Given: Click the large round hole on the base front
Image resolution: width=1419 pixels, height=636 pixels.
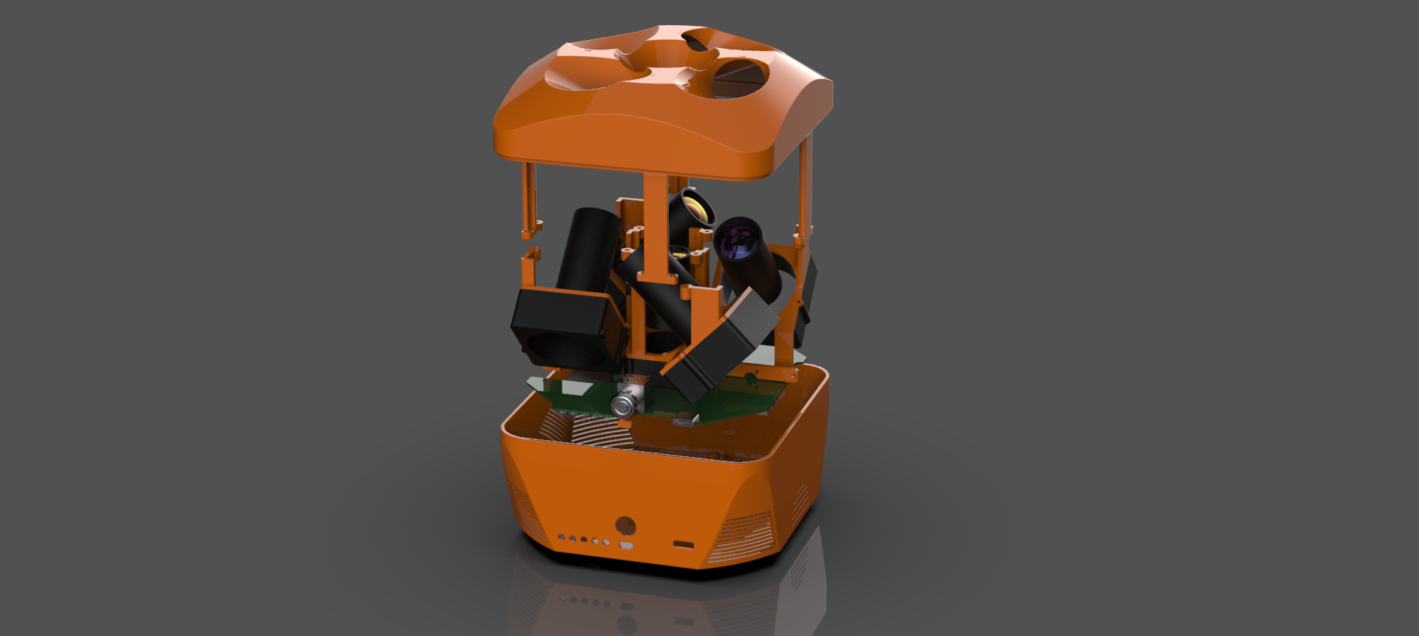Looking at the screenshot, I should [625, 526].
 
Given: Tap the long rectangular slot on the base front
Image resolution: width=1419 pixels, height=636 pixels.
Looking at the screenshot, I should [684, 545].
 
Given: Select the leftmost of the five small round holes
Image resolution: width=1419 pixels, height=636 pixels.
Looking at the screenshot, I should [562, 538].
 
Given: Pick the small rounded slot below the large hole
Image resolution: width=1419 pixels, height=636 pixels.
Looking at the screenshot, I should [626, 546].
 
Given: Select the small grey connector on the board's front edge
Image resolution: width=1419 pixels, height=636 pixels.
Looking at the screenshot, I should [685, 421].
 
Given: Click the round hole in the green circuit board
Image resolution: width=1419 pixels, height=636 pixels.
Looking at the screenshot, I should [750, 379].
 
